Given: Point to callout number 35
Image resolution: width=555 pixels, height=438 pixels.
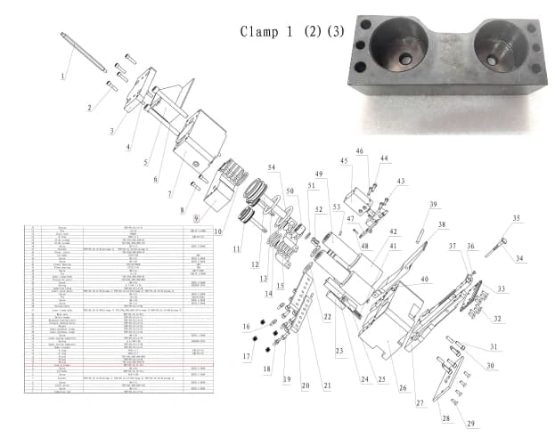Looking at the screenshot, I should click(515, 218).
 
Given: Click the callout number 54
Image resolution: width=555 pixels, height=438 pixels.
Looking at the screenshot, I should click(272, 167).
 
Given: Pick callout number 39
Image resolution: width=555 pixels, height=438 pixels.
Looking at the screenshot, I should click(433, 206).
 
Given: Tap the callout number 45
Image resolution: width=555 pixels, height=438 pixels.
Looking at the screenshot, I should click(343, 161).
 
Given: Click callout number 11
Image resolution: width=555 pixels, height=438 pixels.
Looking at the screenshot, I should click(236, 250).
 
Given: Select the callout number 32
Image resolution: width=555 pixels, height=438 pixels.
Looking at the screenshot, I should click(497, 319).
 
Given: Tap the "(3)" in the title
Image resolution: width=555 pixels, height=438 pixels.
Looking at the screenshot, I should click(334, 31).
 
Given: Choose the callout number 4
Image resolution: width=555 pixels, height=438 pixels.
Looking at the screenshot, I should click(128, 147).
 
